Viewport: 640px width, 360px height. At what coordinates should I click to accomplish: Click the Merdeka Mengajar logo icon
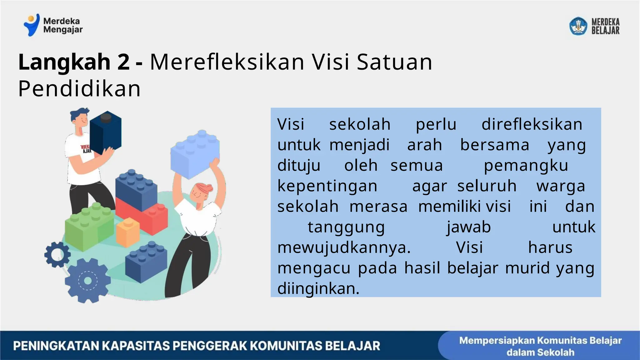32,25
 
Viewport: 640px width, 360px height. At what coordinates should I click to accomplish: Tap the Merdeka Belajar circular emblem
578,26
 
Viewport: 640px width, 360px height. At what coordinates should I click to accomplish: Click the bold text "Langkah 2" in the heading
74,62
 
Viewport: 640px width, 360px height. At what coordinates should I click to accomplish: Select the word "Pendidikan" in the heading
79,89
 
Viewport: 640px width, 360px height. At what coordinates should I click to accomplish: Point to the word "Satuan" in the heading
394,62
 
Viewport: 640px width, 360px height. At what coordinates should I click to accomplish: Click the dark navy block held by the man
105,132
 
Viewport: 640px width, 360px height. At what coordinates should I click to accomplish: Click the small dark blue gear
57,254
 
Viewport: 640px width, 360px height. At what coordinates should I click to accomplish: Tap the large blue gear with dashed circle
87,281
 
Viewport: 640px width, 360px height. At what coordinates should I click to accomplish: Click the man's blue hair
79,114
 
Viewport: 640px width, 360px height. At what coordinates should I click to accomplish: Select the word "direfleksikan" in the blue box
532,124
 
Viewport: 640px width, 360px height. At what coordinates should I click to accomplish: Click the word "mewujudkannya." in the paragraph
344,247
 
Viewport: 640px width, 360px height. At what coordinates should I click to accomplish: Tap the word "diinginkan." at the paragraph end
318,288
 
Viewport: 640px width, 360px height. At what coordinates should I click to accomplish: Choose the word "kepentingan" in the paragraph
327,186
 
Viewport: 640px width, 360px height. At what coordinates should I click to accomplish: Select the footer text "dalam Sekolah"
540,352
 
